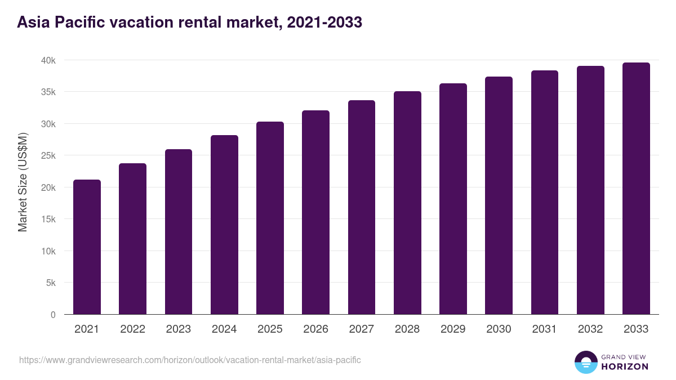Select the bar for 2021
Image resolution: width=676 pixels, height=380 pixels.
pos(87,247)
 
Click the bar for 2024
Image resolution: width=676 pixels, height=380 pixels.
pos(224,225)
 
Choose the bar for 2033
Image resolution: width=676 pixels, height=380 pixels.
pos(636,189)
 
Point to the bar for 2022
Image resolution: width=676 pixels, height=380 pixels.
pos(132,239)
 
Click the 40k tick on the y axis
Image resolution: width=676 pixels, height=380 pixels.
pos(48,60)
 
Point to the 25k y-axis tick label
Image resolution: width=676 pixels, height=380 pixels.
pos(48,155)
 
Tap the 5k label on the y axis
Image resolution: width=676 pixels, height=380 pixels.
pos(50,283)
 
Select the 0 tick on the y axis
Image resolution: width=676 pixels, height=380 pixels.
pos(53,315)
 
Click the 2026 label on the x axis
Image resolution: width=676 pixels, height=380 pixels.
pos(315,329)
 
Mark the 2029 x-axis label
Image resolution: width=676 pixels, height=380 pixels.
pos(453,329)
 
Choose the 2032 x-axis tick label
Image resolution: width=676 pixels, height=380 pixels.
pos(590,329)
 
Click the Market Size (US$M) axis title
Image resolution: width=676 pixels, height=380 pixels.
pos(23,181)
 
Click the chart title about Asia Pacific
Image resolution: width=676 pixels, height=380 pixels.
pos(189,23)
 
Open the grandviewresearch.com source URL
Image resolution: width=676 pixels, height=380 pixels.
pos(190,360)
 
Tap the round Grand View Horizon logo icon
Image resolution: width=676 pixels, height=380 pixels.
pos(585,362)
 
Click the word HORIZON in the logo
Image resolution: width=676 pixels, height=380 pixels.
pos(624,366)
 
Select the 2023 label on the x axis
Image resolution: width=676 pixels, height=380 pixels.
pos(178,329)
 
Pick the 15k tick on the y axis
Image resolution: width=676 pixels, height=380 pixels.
pos(48,219)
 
